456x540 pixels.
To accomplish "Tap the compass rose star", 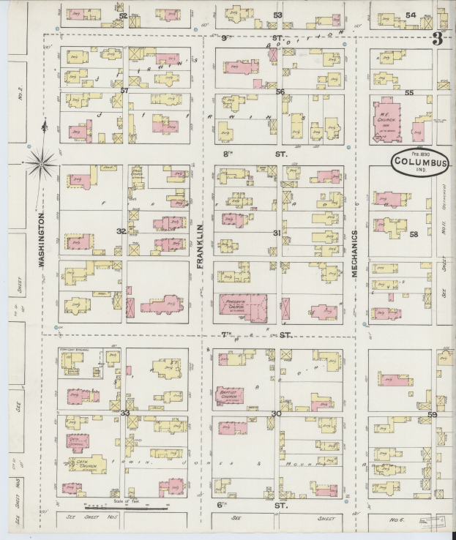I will click(x=42, y=162).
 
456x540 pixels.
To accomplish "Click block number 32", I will click(x=121, y=231).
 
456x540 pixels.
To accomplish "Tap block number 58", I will click(x=414, y=234).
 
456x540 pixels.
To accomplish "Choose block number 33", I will click(x=124, y=413).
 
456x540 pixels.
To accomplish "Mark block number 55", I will click(x=409, y=93).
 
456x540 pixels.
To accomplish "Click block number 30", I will click(x=276, y=413).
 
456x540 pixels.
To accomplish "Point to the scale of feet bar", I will click(x=127, y=506).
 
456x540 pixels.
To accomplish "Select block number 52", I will click(x=123, y=15).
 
